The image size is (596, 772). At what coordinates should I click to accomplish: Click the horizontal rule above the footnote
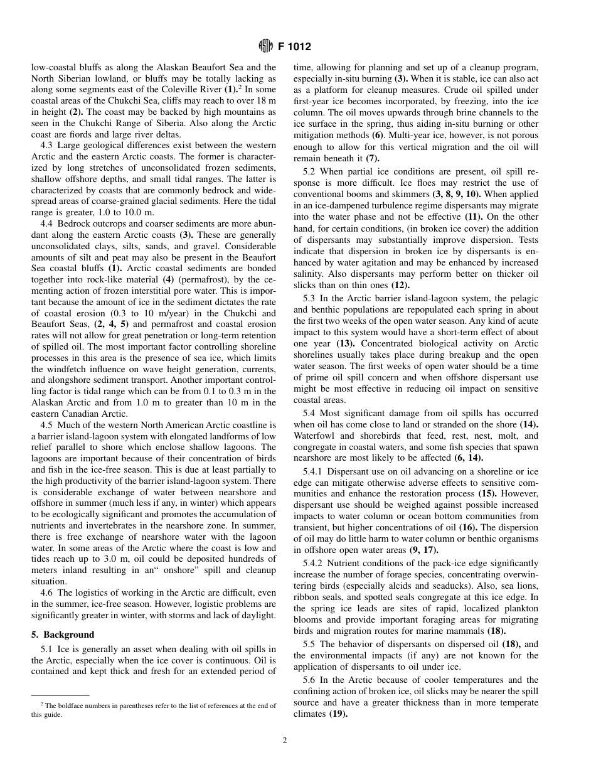coord(60,695)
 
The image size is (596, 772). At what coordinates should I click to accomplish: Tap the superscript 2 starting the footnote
coord(42,704)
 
